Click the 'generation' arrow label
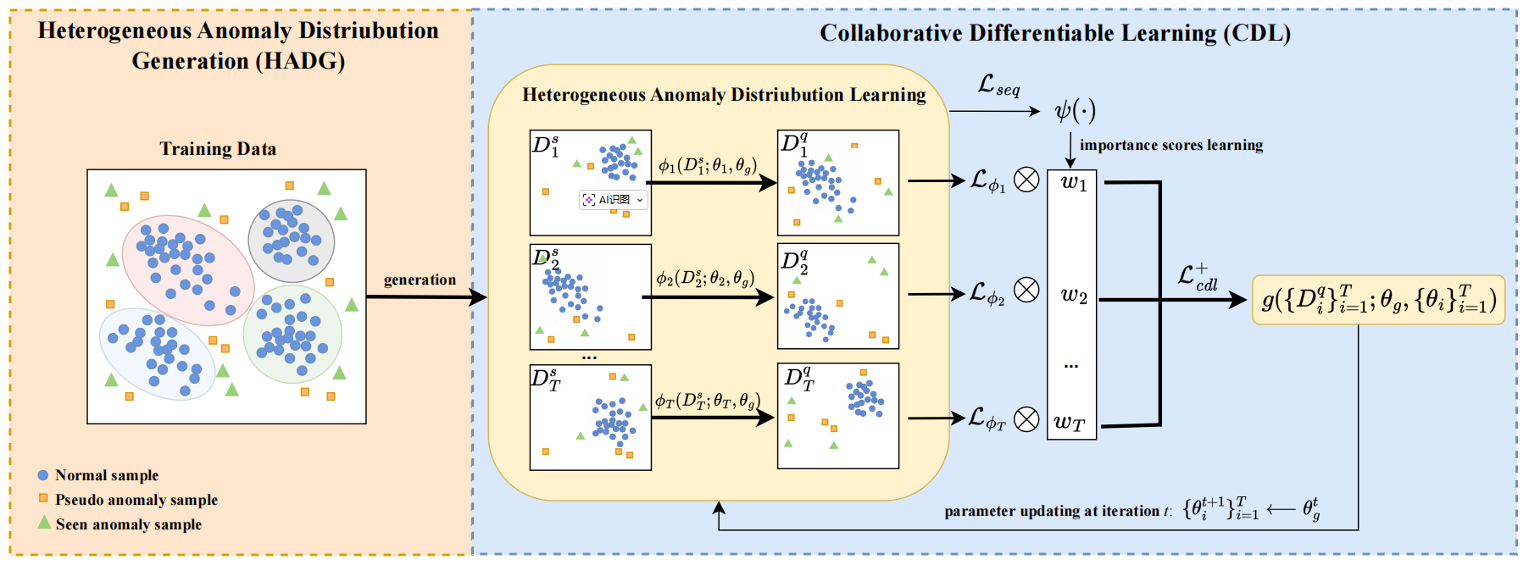[x=420, y=280]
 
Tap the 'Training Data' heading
[x=218, y=149]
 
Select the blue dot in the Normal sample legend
[x=43, y=475]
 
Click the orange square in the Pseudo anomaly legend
[x=43, y=498]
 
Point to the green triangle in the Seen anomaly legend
[x=44, y=523]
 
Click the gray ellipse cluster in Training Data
[x=291, y=241]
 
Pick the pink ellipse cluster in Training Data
[x=187, y=269]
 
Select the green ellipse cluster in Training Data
[x=292, y=334]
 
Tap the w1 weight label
[x=1073, y=183]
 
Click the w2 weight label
[x=1073, y=295]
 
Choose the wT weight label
[x=1070, y=422]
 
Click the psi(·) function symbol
[x=1075, y=110]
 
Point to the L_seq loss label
[x=998, y=85]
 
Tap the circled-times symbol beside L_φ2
[x=1026, y=291]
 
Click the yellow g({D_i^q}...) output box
[x=1378, y=300]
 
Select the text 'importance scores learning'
[x=1170, y=145]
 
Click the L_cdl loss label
[x=1198, y=277]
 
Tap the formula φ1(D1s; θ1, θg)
[x=707, y=165]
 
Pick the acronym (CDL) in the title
[x=1257, y=33]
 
